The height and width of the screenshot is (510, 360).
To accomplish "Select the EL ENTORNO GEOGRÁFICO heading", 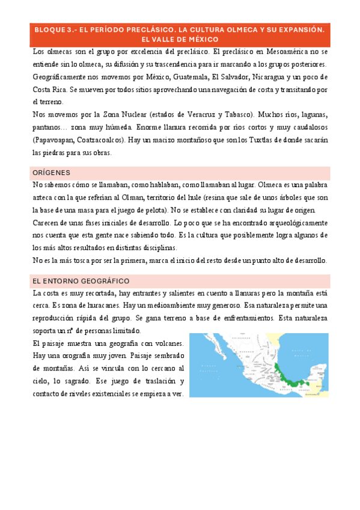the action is [81, 281].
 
